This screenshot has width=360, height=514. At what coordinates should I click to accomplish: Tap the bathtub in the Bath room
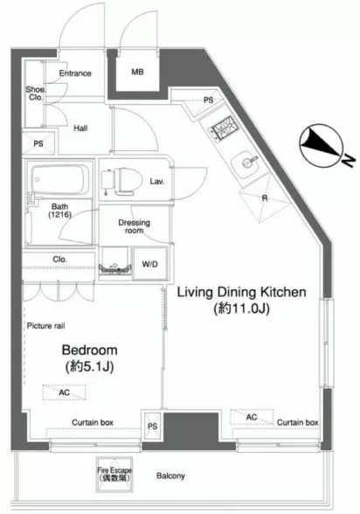[x=60, y=179]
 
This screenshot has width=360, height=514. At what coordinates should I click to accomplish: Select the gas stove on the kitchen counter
[x=223, y=128]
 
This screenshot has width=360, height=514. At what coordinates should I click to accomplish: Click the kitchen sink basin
[x=246, y=165]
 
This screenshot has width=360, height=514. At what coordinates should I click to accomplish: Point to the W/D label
[x=149, y=264]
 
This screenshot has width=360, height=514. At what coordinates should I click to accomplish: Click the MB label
[x=137, y=72]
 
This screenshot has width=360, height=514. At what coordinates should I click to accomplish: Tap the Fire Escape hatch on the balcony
[x=114, y=474]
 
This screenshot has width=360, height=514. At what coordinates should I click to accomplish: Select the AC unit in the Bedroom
[x=64, y=392]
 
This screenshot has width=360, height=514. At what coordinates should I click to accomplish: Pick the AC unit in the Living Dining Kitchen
[x=252, y=417]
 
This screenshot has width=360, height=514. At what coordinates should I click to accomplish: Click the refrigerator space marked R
[x=265, y=198]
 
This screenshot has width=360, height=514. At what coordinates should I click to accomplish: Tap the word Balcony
[x=170, y=476]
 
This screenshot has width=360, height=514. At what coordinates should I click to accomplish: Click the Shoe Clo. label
[x=35, y=93]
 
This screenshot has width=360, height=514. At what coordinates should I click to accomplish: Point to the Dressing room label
[x=134, y=226]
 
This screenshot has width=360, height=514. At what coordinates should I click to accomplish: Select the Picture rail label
[x=45, y=326]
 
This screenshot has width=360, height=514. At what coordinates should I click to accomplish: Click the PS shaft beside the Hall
[x=38, y=143]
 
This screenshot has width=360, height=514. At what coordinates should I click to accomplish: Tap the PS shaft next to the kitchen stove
[x=207, y=101]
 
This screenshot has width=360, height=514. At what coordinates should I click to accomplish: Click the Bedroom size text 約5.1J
[x=90, y=367]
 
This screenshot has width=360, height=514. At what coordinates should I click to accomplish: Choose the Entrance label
[x=75, y=73]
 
